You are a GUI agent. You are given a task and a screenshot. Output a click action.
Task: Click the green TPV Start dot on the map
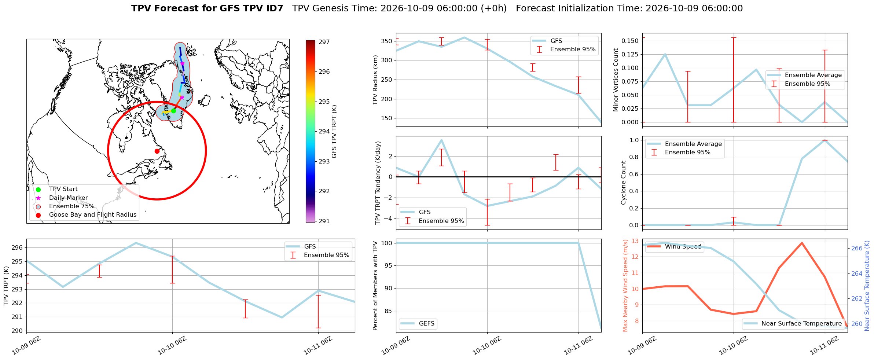[173, 111]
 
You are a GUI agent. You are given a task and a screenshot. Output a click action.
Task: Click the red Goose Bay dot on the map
[157, 151]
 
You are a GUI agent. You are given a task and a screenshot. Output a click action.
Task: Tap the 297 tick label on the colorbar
[324, 42]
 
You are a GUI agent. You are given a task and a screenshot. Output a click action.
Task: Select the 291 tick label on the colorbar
[324, 221]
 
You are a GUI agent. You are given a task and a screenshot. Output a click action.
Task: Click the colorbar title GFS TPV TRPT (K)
[334, 132]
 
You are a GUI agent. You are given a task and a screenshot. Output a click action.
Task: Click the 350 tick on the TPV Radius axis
[387, 41]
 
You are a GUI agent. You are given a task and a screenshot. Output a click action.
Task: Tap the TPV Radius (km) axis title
[375, 80]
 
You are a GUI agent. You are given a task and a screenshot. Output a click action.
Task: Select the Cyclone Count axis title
[623, 183]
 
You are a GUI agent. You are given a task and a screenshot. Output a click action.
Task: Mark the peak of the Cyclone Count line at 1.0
[825, 140]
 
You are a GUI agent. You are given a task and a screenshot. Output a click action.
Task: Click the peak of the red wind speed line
[802, 243]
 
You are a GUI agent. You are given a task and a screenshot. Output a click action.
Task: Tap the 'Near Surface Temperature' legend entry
[801, 323]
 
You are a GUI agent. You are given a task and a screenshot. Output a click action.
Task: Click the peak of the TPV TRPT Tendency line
[441, 140]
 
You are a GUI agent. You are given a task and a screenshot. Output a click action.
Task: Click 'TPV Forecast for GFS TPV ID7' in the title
[207, 8]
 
